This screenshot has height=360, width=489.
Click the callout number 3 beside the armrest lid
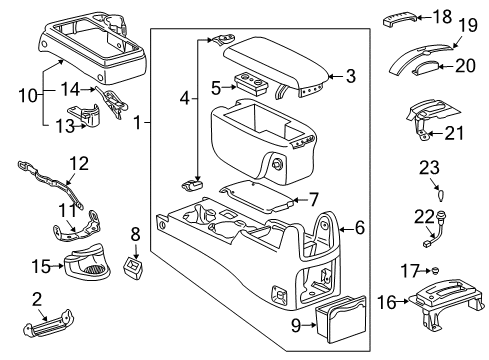click(349, 74)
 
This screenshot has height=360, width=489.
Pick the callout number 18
click(442, 16)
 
